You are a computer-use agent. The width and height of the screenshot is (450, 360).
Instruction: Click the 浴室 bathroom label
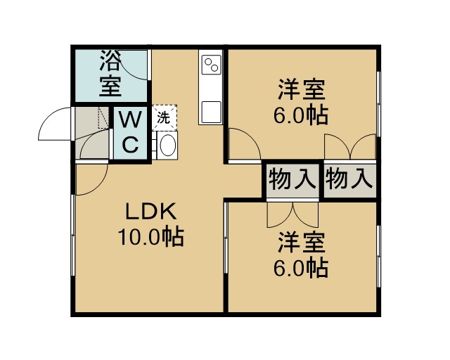point(110,74)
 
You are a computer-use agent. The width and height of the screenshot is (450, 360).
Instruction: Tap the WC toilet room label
point(131,131)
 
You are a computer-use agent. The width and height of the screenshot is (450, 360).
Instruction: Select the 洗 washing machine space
point(164,117)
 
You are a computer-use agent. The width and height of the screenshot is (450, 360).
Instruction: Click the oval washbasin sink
point(167,145)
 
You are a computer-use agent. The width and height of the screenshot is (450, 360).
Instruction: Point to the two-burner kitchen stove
point(212,64)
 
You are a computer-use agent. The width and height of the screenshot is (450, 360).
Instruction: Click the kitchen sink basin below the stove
point(212,112)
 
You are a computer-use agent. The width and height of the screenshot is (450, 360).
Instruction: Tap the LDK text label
point(150,212)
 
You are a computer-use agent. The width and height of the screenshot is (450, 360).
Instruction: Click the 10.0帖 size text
point(150,237)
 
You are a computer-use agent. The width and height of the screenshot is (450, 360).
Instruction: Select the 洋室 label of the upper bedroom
point(302,89)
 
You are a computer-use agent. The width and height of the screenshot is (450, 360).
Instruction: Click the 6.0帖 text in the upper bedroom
point(301,115)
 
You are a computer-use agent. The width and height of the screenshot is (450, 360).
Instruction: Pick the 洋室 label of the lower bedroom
point(302,242)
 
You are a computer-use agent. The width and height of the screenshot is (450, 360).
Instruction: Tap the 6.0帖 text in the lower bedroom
point(301,268)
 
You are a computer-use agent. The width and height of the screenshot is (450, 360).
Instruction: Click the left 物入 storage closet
point(292,180)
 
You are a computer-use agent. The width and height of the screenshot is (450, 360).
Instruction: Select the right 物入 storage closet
point(350,180)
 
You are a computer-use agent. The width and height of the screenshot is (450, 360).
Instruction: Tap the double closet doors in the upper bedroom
point(350,146)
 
